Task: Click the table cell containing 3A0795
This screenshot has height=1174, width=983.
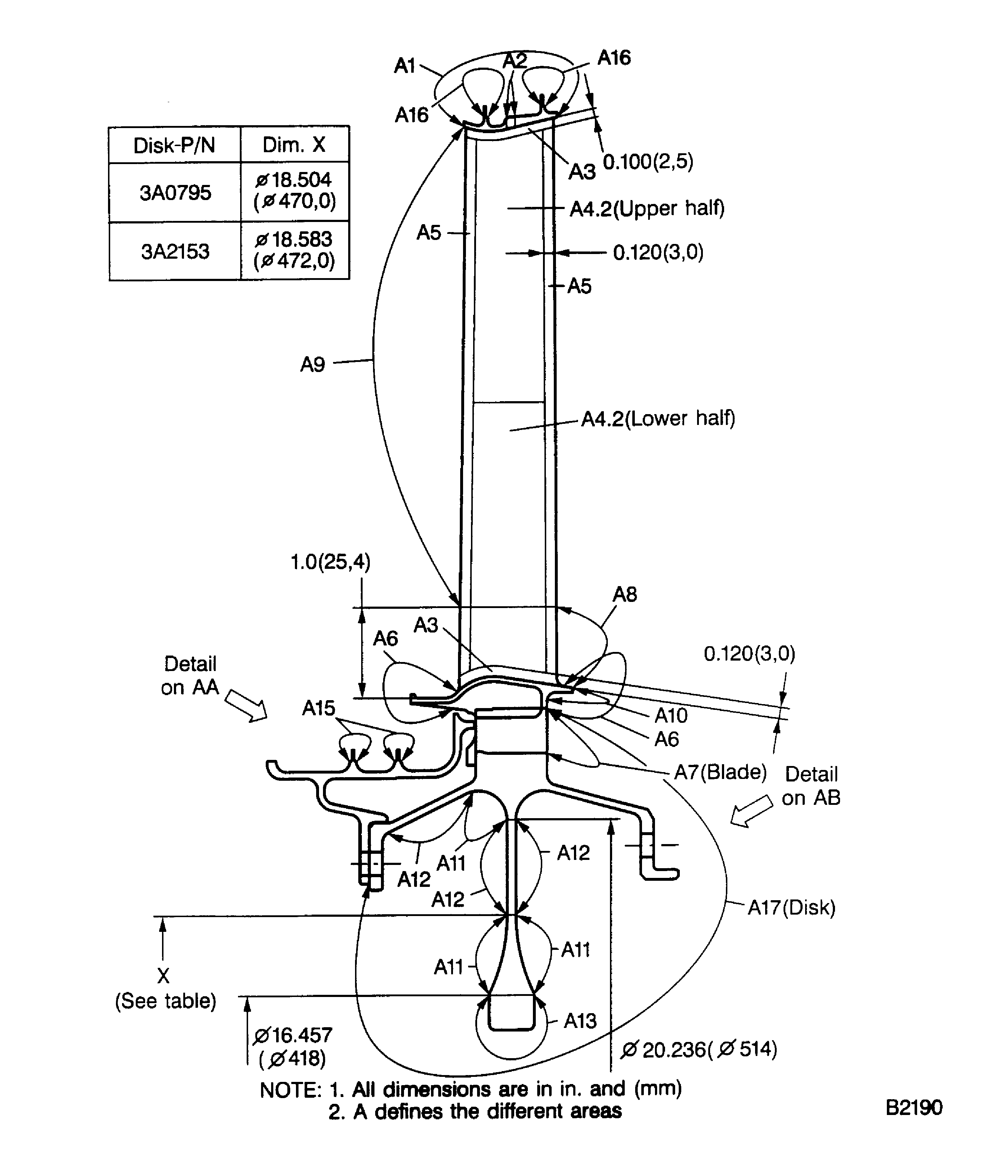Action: point(175,192)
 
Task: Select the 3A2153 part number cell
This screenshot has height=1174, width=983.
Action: point(175,251)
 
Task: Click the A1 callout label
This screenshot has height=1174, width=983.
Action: point(404,66)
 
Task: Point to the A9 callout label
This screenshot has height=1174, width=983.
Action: point(313,364)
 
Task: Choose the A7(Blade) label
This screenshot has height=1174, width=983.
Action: point(720,772)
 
